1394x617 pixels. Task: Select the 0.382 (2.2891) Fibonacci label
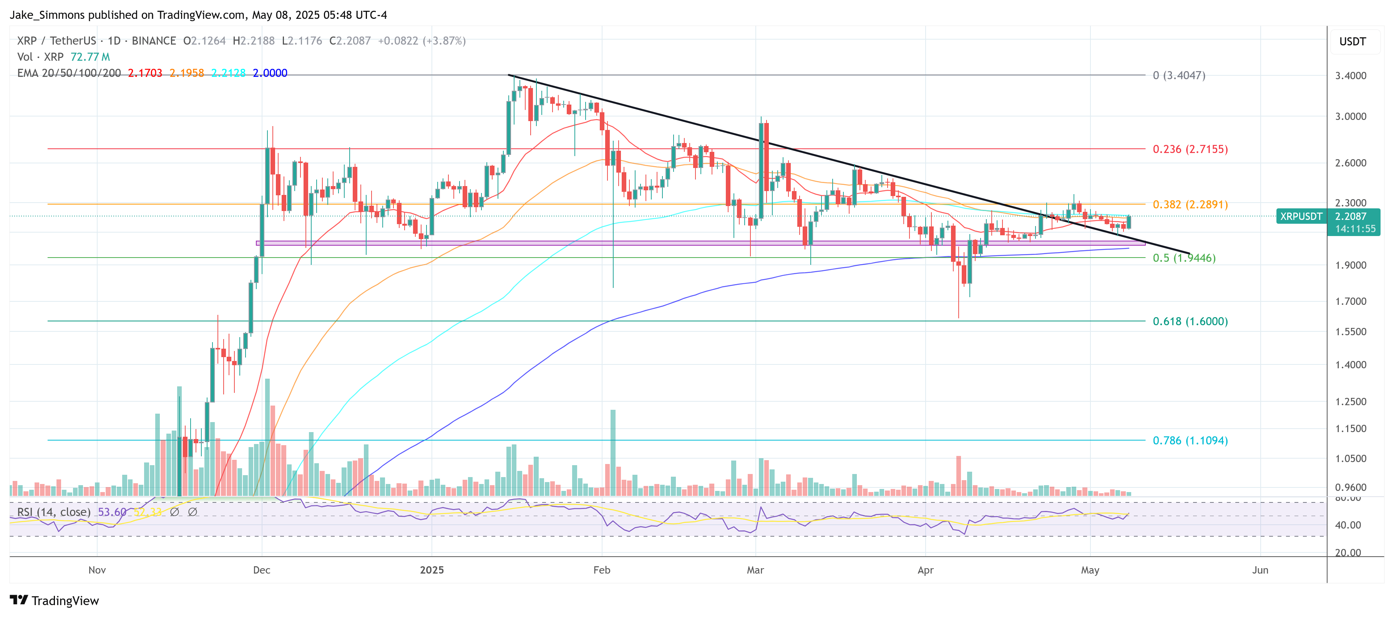tap(1190, 205)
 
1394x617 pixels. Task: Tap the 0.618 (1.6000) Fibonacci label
tap(1190, 321)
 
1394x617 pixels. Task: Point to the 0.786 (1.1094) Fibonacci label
tap(1190, 441)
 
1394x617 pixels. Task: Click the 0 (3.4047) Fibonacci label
tap(1178, 75)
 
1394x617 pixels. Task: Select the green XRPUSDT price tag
tap(1300, 216)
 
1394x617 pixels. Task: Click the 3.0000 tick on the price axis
tap(1350, 116)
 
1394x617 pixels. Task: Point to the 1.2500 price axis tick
tap(1350, 402)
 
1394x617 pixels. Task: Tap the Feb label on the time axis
tap(601, 570)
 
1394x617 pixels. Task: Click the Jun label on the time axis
tap(1260, 570)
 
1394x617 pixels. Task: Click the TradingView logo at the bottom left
tap(55, 601)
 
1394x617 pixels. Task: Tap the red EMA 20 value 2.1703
tap(144, 73)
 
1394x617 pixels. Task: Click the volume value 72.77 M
tap(90, 57)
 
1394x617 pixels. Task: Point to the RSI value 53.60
tap(112, 512)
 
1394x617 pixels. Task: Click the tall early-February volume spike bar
tap(612, 452)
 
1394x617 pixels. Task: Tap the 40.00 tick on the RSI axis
tap(1348, 525)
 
